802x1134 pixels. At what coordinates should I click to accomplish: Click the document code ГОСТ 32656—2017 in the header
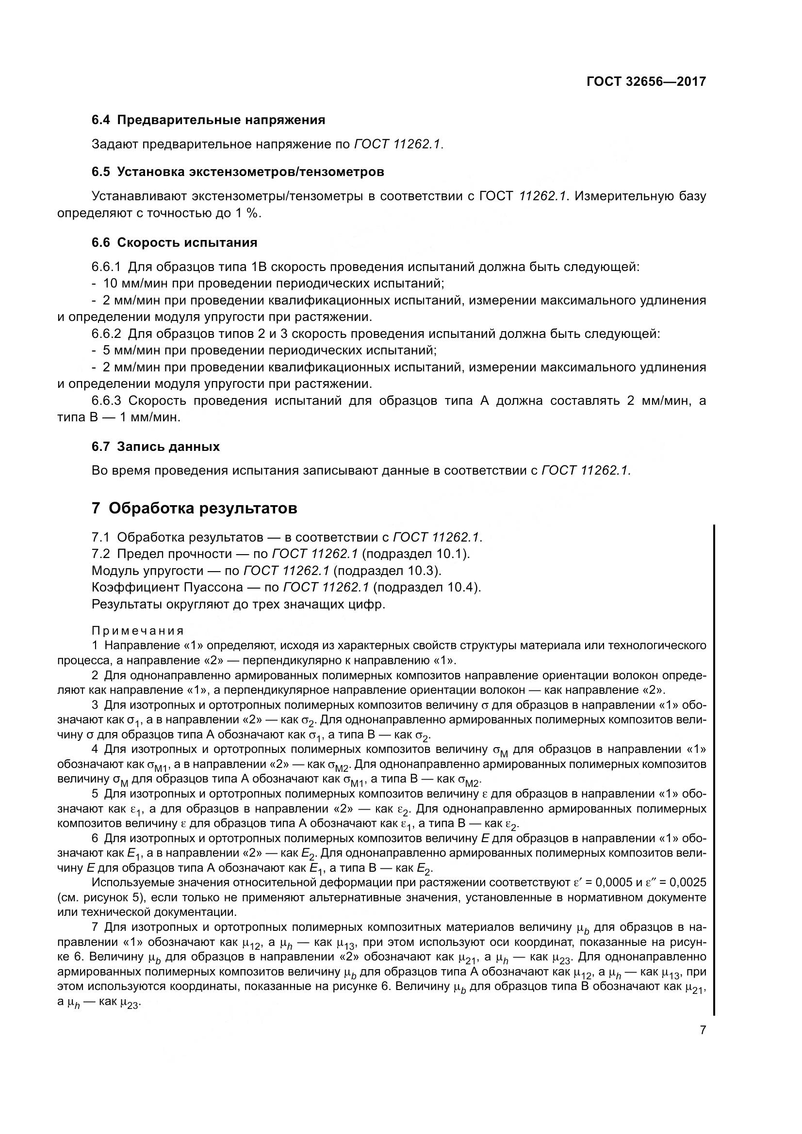click(x=646, y=81)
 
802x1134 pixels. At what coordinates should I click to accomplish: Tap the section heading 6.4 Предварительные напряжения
click(x=208, y=120)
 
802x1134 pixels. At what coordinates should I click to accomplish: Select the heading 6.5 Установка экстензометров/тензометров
click(x=238, y=172)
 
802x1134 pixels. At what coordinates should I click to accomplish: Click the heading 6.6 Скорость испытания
click(x=175, y=242)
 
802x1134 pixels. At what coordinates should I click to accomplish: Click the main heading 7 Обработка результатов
click(x=194, y=508)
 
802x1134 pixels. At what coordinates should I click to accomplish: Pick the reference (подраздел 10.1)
click(x=415, y=554)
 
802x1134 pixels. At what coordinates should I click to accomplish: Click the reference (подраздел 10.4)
click(x=426, y=588)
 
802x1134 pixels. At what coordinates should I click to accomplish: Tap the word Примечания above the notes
click(x=138, y=631)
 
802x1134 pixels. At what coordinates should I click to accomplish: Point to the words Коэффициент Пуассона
click(x=167, y=588)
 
